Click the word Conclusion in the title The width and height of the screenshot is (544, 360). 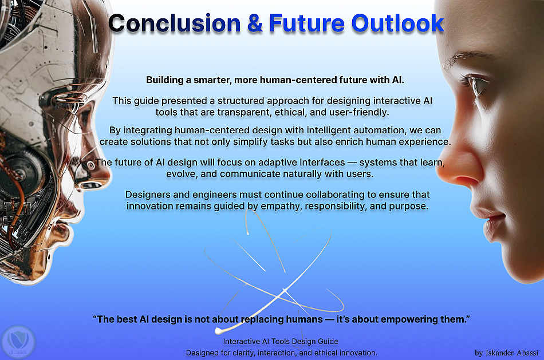(175, 23)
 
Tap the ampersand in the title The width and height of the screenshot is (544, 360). (255, 23)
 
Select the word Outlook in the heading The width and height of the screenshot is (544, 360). (397, 23)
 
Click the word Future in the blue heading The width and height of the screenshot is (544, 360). (307, 23)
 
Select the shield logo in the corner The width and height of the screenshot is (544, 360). (18, 342)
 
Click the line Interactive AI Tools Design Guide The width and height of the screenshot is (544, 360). (281, 341)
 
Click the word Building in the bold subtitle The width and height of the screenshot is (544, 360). (165, 80)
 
